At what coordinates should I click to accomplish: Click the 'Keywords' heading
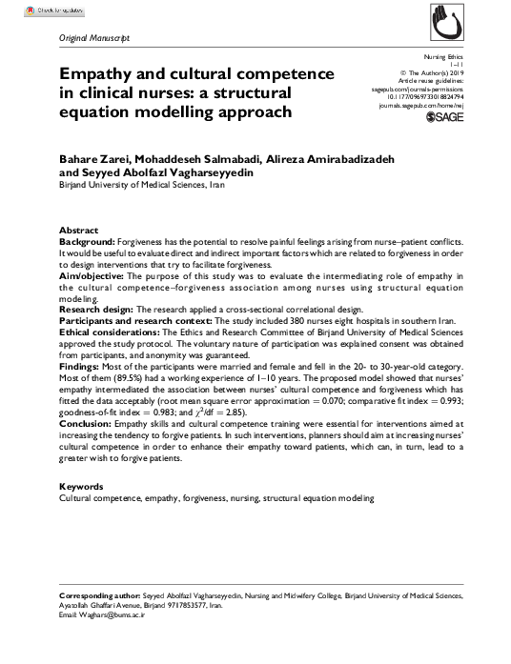pos(81,487)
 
